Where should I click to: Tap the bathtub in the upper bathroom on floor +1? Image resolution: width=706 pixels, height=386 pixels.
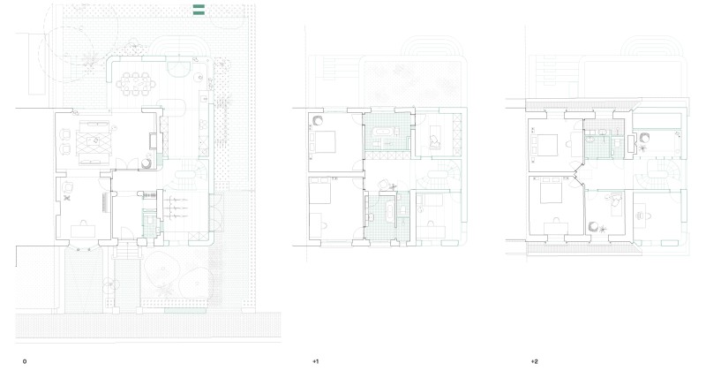pyautogui.click(x=388, y=135)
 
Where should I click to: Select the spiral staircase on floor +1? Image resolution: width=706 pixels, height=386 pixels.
pyautogui.click(x=446, y=172)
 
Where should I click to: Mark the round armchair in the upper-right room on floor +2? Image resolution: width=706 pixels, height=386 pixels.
pyautogui.click(x=645, y=138)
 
